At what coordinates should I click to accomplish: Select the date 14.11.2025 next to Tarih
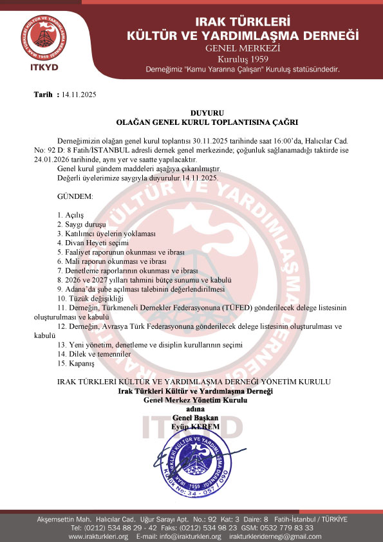[79, 95]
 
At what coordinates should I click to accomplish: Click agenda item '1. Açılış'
[71, 214]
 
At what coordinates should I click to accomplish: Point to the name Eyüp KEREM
[195, 427]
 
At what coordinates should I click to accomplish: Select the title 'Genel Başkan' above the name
[196, 418]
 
